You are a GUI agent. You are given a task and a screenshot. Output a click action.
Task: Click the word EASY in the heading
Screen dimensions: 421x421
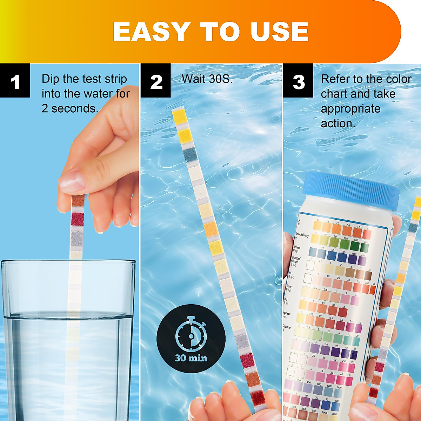coord(151,32)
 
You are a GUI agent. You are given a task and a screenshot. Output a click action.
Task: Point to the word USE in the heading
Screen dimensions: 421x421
coord(280,32)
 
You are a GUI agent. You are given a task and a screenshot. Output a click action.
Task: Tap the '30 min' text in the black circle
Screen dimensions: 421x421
coord(191,358)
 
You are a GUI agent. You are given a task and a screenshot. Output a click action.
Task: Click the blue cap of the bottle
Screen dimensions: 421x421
coord(351,189)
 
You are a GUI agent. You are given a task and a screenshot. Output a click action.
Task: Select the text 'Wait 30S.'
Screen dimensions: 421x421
coord(207,79)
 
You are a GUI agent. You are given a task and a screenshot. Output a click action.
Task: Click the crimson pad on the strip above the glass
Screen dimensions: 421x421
coord(78,219)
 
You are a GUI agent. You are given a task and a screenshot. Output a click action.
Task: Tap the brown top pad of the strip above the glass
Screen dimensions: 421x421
coord(78,201)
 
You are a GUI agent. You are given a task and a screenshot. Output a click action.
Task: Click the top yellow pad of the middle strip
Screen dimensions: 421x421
coord(180,116)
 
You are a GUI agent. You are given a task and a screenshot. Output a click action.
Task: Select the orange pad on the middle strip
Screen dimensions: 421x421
coord(211,229)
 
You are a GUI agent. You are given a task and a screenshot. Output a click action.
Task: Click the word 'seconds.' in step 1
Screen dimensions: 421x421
coord(75,108)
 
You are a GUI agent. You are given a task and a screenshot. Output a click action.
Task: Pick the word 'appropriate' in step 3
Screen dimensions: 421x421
coord(350,109)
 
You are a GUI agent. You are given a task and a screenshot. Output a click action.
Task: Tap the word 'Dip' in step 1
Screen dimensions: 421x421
coord(51,79)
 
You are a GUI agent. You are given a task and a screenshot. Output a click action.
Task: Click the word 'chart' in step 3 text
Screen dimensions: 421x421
coord(334,94)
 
